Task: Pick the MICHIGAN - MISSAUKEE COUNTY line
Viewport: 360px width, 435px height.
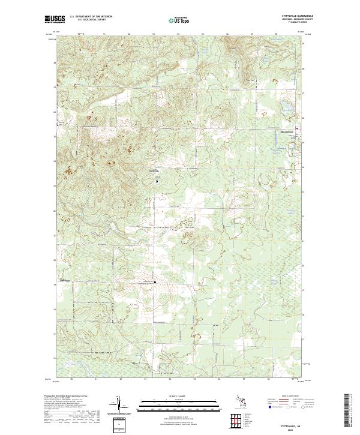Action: (289, 20)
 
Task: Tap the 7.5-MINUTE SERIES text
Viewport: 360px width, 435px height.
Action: (289, 23)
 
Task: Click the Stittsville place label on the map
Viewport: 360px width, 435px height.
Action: (155, 170)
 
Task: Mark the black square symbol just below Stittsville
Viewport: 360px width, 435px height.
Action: (157, 180)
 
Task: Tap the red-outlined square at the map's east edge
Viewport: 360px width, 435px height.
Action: (298, 128)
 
